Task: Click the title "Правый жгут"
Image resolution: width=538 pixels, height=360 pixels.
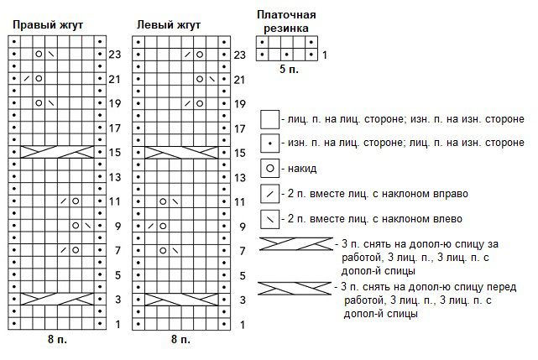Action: point(48,25)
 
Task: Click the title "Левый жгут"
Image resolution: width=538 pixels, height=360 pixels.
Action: point(169,25)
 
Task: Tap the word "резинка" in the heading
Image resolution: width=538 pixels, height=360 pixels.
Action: point(286,29)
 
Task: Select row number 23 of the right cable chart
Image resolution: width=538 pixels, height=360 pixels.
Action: point(115,55)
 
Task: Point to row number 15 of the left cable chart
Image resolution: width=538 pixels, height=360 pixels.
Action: point(239,153)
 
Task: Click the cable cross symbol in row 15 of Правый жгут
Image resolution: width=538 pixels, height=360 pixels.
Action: point(57,152)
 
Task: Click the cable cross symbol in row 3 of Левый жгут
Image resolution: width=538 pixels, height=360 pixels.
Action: point(181,300)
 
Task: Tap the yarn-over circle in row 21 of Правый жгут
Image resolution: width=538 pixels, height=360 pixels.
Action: point(39,79)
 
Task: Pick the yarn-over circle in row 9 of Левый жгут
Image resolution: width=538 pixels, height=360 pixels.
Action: point(163,227)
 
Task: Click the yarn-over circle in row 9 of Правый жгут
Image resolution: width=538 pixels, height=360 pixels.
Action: point(76,226)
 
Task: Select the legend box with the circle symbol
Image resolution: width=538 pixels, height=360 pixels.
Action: point(269,168)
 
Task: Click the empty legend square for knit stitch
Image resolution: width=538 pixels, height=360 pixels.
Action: point(269,119)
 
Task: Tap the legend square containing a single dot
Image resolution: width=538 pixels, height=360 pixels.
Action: point(269,143)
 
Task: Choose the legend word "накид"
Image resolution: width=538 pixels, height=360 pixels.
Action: point(302,169)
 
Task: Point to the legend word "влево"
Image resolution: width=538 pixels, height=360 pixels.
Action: point(446,219)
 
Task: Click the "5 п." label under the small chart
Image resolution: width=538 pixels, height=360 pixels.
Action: point(289,69)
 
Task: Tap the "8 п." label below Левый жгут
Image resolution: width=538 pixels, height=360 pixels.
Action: point(180,339)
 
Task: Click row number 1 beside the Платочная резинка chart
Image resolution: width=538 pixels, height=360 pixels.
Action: point(325,55)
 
